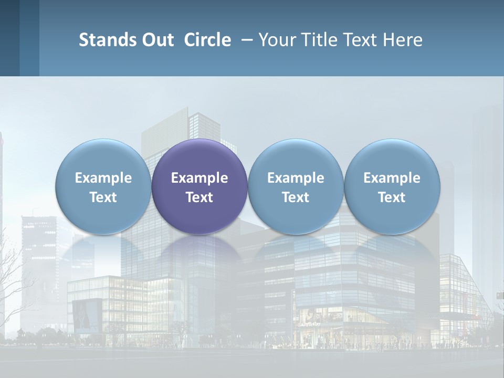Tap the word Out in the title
tap(156, 40)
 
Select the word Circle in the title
tap(207, 40)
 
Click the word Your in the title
tap(276, 40)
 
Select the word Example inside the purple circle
tap(199, 178)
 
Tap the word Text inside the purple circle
tap(199, 197)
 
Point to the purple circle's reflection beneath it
tap(199, 252)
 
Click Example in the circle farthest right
tap(392, 178)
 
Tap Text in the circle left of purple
tap(103, 197)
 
